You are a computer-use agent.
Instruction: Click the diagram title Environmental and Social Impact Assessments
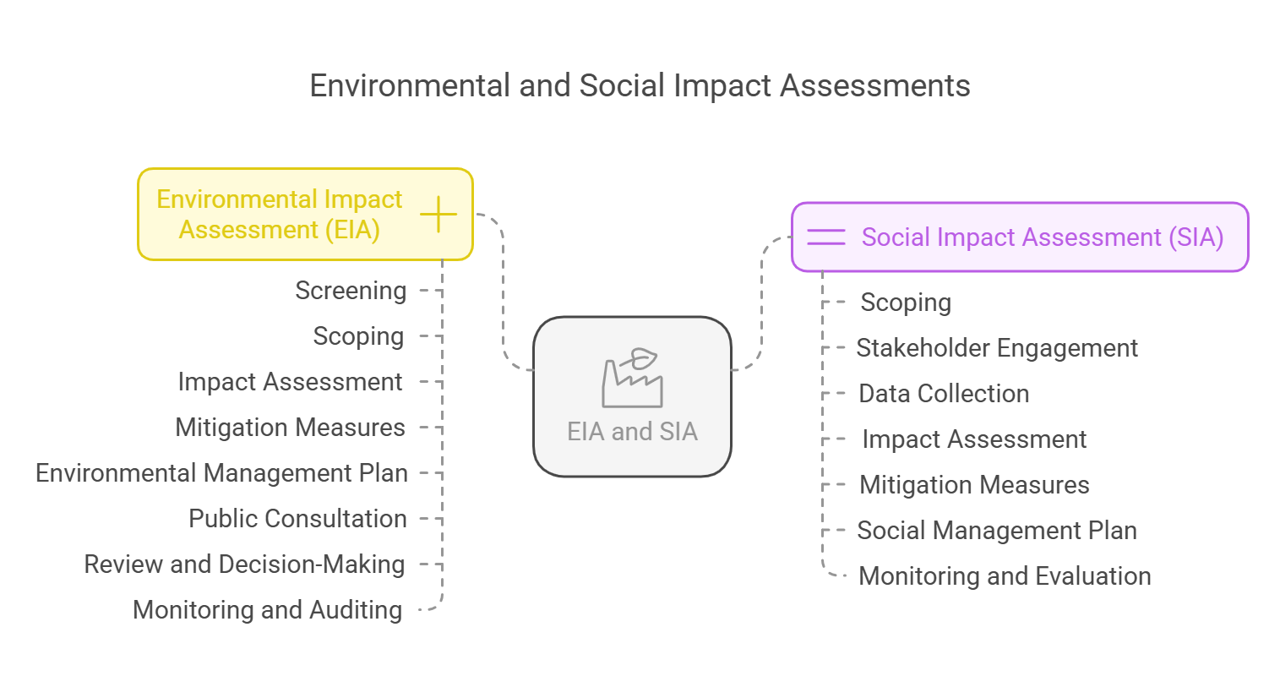pos(640,85)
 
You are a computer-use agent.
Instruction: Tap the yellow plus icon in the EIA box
pos(438,215)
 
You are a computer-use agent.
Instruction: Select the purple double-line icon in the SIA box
pos(826,237)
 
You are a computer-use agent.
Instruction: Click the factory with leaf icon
pos(633,378)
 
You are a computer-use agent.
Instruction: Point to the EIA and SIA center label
pos(633,432)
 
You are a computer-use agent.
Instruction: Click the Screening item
pos(351,291)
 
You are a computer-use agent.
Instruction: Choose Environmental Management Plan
pos(221,473)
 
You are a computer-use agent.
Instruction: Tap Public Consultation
pos(297,519)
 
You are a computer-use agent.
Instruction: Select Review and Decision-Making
pos(244,564)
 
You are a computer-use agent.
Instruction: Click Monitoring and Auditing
pos(268,610)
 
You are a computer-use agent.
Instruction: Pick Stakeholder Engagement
pos(997,348)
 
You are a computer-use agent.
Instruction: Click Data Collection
pos(944,394)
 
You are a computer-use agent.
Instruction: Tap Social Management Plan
pos(997,531)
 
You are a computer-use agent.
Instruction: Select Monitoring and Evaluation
pos(1005,576)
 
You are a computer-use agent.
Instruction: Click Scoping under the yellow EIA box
pos(359,336)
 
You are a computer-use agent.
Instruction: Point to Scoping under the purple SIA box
pos(907,303)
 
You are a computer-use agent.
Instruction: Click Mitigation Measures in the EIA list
pos(291,428)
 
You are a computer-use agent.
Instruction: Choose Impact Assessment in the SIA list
pos(974,439)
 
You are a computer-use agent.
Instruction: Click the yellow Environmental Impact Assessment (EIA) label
pos(280,215)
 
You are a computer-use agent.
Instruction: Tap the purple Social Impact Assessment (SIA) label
pos(1043,237)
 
